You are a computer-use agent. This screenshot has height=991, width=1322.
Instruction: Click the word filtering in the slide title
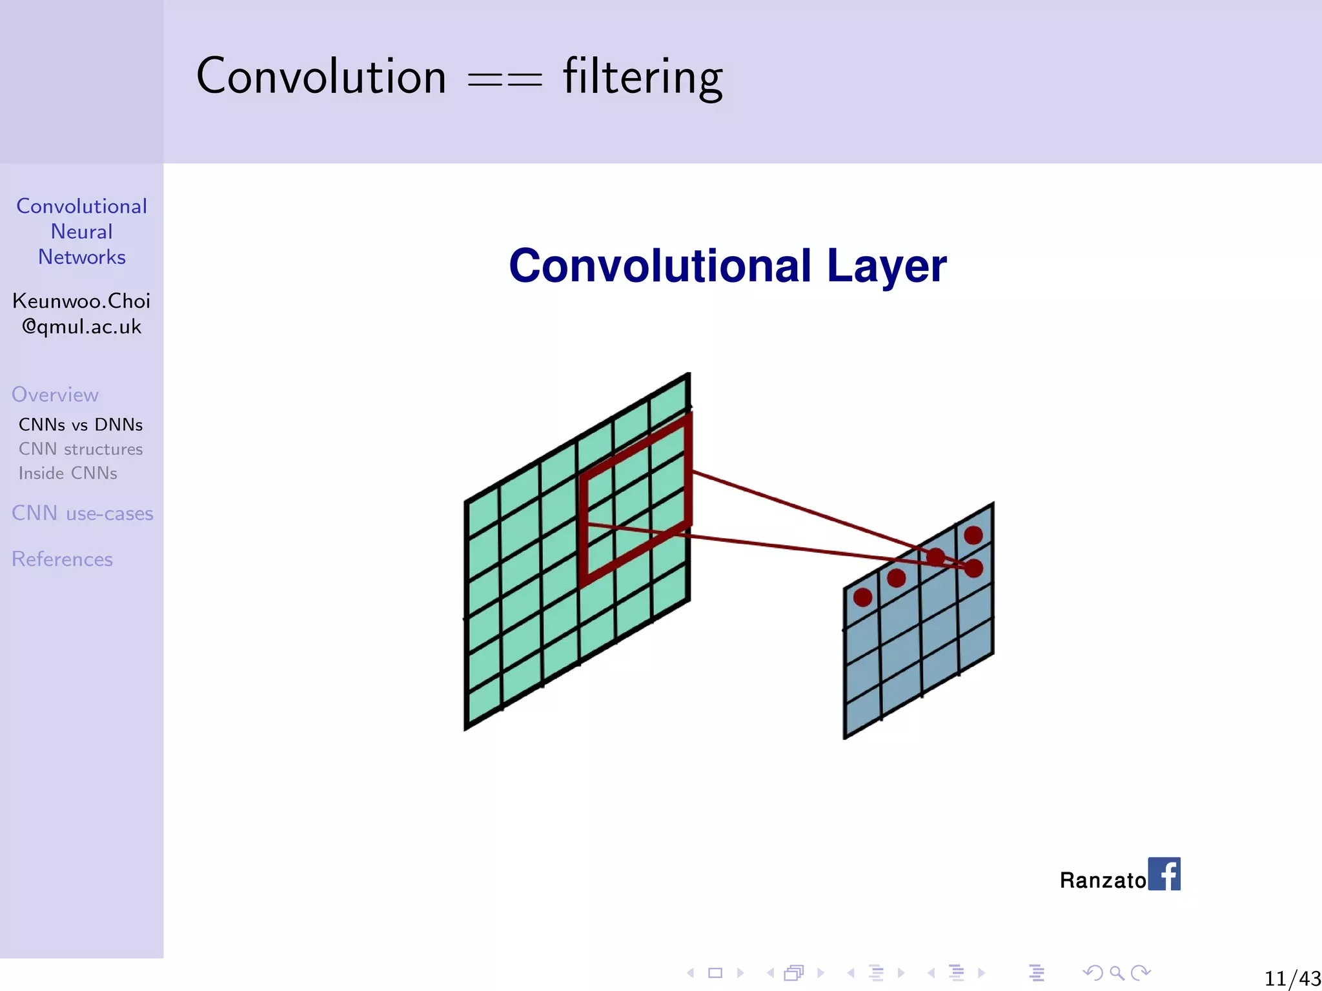pos(642,77)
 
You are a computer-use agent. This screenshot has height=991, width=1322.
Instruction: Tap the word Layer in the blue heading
pos(886,266)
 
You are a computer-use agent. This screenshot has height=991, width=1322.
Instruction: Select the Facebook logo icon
pos(1164,874)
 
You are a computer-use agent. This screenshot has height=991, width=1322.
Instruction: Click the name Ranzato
pos(1102,880)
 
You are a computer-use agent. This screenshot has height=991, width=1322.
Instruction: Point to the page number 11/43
pos(1292,978)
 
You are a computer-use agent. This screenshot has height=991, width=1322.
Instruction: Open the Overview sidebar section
pos(55,395)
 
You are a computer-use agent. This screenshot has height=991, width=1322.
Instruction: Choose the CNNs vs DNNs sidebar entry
pos(81,425)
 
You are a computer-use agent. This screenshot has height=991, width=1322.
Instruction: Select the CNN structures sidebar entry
pos(81,449)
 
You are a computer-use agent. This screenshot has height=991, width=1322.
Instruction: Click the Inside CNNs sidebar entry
pos(68,473)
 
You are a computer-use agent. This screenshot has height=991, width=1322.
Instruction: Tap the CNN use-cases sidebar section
pos(83,514)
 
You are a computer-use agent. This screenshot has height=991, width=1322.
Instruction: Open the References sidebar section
pos(62,559)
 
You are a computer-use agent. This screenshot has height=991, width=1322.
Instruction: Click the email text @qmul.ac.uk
pos(81,326)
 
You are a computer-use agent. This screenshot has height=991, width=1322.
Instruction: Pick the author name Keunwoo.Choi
pos(81,301)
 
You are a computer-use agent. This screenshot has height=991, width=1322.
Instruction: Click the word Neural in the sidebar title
pos(81,232)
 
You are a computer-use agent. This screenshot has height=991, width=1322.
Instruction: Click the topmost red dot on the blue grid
pos(973,535)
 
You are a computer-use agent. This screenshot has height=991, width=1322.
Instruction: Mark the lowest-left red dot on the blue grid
pos(862,597)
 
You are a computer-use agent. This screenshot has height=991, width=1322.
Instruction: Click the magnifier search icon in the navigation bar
pos(1117,972)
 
